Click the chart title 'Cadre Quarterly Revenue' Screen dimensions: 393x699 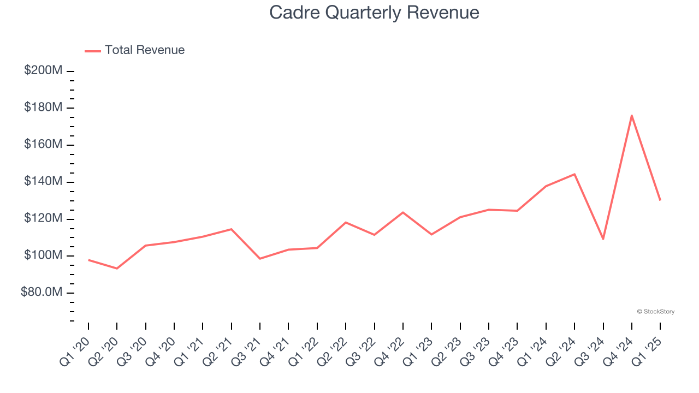(x=374, y=13)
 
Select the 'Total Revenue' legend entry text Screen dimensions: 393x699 (x=145, y=50)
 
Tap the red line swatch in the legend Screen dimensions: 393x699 (x=93, y=51)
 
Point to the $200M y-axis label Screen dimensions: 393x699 (x=43, y=71)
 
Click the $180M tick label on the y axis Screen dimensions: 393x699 (x=43, y=108)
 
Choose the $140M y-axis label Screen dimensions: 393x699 (x=43, y=181)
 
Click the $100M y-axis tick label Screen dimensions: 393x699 (x=43, y=255)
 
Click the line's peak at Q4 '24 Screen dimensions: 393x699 (x=631, y=115)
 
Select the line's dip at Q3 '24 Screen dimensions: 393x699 (x=603, y=239)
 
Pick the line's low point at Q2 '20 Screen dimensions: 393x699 (x=117, y=269)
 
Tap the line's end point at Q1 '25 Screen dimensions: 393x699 (x=660, y=200)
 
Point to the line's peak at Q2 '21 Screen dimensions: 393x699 (x=231, y=229)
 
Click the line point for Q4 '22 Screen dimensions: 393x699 (x=403, y=212)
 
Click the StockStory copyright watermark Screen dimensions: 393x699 (x=655, y=312)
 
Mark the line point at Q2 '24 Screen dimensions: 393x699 (x=574, y=174)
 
